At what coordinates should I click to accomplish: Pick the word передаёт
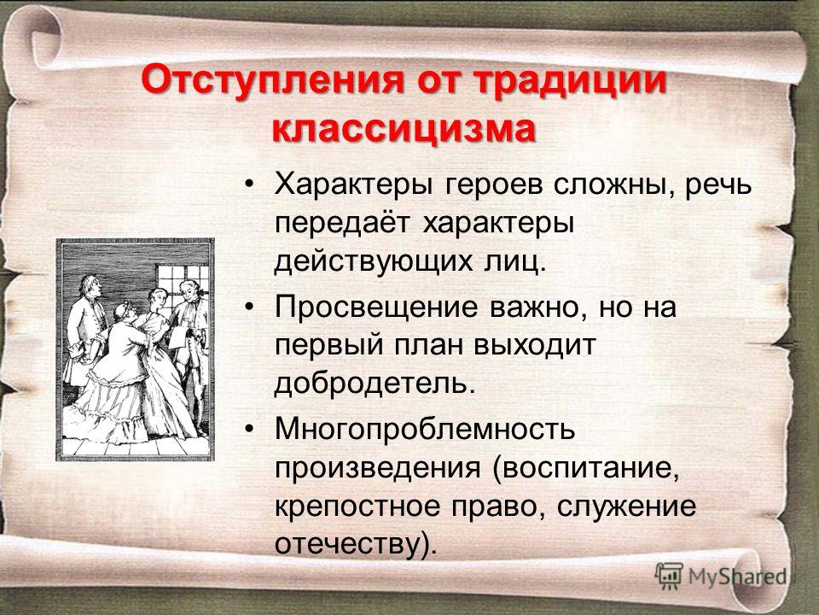click(341, 225)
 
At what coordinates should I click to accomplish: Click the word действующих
click(370, 262)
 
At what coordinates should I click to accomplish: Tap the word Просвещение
click(376, 307)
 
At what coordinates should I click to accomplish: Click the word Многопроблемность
click(425, 430)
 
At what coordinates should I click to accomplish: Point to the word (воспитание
click(585, 469)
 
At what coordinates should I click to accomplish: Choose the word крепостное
click(357, 507)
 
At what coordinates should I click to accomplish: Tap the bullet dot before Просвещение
click(250, 307)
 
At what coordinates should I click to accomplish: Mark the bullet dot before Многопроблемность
click(250, 429)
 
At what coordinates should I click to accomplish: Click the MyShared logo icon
click(669, 577)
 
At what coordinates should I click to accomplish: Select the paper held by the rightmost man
click(177, 335)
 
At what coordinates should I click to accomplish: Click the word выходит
click(535, 346)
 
